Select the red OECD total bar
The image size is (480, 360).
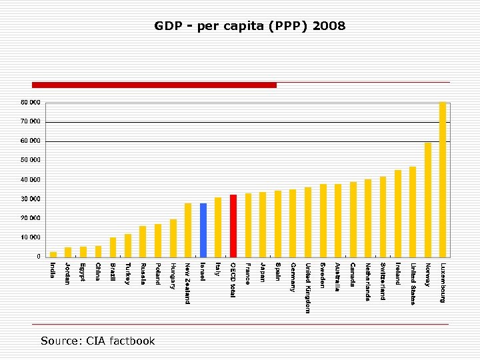click(x=233, y=226)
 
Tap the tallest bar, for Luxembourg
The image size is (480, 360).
click(x=443, y=179)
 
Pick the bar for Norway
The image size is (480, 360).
click(x=428, y=199)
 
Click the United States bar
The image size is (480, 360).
click(x=413, y=211)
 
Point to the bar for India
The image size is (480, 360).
click(x=53, y=254)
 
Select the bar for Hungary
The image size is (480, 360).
click(x=173, y=238)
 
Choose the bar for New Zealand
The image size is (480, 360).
click(x=188, y=230)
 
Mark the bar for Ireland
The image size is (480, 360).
click(x=398, y=213)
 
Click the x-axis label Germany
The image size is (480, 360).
click(x=293, y=277)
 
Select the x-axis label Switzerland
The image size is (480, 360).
click(x=383, y=281)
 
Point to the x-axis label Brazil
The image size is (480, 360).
click(x=113, y=273)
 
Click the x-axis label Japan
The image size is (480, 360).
click(x=263, y=273)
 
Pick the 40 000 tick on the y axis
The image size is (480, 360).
click(x=30, y=179)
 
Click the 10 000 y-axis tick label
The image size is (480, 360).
click(x=30, y=237)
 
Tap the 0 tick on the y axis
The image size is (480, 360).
click(x=37, y=257)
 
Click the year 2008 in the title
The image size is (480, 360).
click(x=329, y=27)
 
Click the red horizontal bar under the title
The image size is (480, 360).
click(x=154, y=85)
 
